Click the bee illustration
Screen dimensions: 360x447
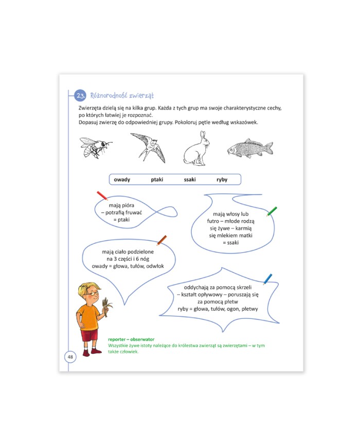(95, 147)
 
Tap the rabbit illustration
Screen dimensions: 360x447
(196, 149)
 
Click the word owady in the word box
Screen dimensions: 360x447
(122, 180)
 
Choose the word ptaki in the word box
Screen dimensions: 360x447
(157, 180)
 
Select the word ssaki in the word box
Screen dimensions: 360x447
(190, 180)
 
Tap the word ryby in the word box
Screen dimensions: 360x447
(222, 180)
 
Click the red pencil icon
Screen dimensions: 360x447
(102, 195)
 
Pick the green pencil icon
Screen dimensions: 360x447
(272, 211)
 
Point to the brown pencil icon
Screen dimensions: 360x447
(161, 240)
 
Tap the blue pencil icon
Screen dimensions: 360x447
(267, 279)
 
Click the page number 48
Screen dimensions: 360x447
(70, 356)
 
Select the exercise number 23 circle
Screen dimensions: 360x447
(80, 96)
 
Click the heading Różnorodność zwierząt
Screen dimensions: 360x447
(122, 96)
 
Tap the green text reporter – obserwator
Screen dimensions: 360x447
(131, 339)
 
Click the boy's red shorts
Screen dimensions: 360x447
(89, 335)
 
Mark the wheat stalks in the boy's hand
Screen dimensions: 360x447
(107, 307)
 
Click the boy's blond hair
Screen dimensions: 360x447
(88, 288)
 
